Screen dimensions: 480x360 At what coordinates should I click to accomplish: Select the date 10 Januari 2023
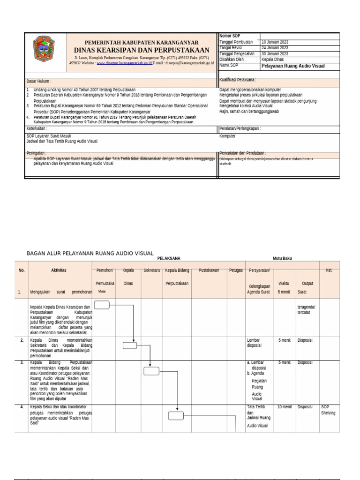click(275, 42)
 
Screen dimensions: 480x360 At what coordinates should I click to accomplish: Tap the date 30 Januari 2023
click(275, 53)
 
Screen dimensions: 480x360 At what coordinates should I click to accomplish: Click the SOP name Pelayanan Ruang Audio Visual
click(293, 66)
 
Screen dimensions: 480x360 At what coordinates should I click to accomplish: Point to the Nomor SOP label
click(230, 36)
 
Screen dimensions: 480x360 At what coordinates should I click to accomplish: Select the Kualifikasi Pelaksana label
click(238, 80)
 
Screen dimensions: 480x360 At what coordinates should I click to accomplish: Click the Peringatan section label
click(37, 153)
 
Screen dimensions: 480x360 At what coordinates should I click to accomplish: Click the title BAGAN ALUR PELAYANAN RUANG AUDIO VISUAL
click(90, 253)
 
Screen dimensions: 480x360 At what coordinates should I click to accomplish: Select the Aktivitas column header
click(59, 270)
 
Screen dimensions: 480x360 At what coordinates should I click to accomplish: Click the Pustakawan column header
click(210, 270)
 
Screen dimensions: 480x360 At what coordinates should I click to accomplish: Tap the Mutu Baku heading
click(282, 258)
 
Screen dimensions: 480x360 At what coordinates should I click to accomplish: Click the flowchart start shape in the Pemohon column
click(102, 305)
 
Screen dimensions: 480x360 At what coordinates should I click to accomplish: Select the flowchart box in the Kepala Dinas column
click(130, 346)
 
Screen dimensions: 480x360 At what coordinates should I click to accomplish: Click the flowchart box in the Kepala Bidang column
click(176, 415)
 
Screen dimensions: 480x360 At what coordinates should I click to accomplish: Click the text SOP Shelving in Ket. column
click(328, 410)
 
